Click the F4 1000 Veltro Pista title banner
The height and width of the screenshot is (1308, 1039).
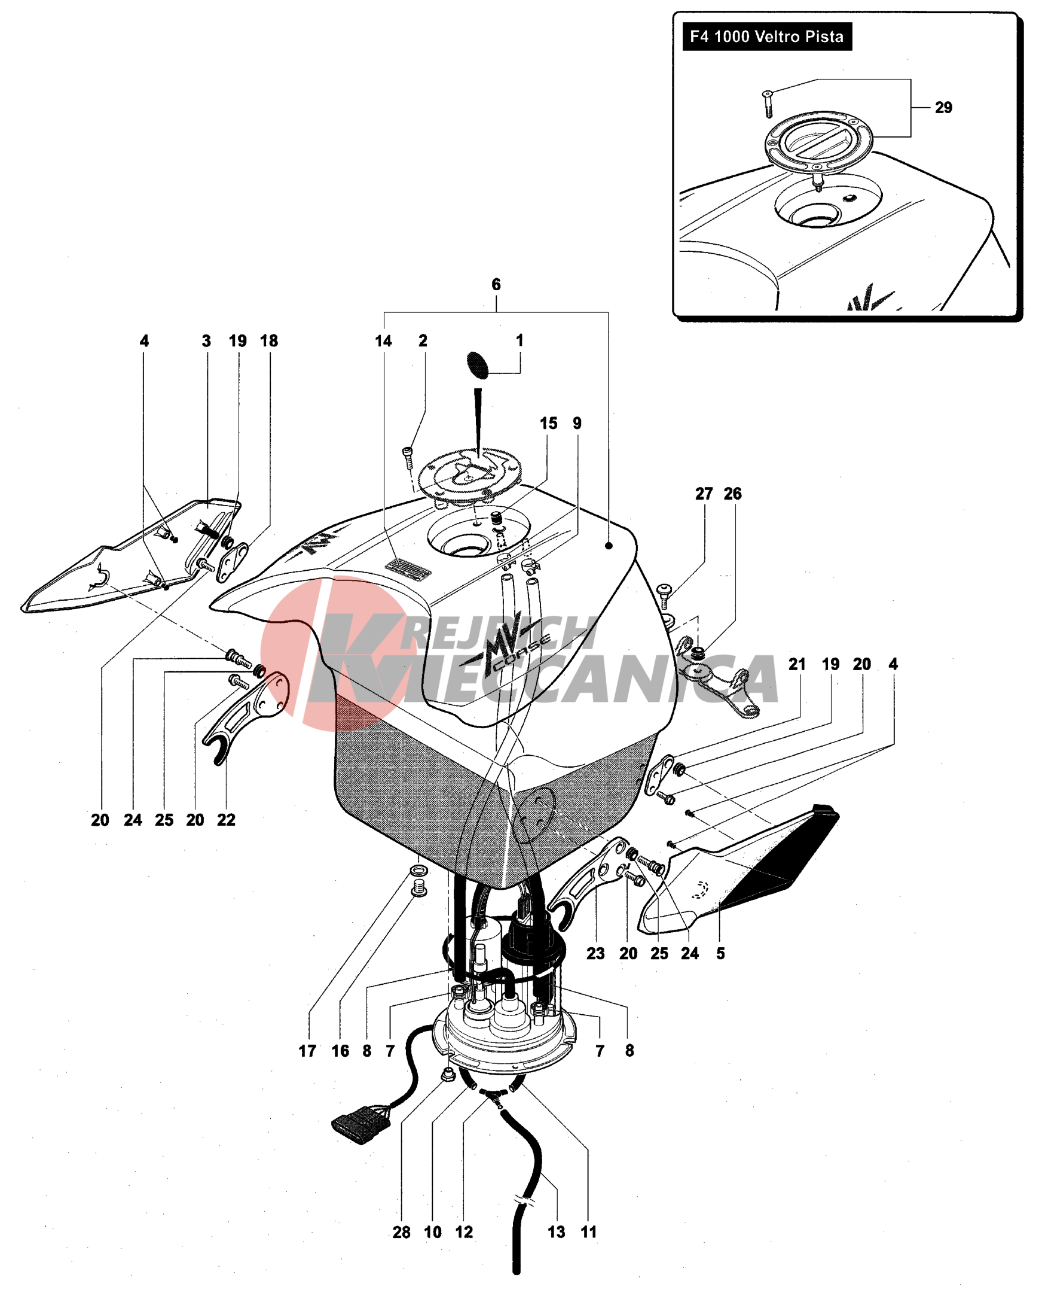[x=767, y=36]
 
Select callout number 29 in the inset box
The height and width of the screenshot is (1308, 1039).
[x=943, y=107]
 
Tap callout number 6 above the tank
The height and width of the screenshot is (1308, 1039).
[x=496, y=284]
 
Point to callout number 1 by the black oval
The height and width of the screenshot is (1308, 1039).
[x=519, y=340]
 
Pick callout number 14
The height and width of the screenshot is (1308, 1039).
[x=383, y=341]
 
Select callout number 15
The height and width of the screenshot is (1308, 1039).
[x=549, y=423]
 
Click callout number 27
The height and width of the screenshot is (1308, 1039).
[x=704, y=493]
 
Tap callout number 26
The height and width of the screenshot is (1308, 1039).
[x=733, y=493]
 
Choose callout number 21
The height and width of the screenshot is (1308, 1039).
[x=797, y=664]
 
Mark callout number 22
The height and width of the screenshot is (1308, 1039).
[x=226, y=820]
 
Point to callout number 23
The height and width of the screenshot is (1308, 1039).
[x=595, y=953]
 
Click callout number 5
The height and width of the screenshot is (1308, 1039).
[x=720, y=953]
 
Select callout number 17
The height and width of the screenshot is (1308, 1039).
[x=307, y=1050]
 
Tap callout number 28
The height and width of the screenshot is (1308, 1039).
[x=401, y=1231]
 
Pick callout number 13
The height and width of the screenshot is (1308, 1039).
[x=557, y=1231]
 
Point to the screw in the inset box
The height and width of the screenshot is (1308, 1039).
[x=768, y=104]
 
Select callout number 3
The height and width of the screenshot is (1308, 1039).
[x=206, y=341]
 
